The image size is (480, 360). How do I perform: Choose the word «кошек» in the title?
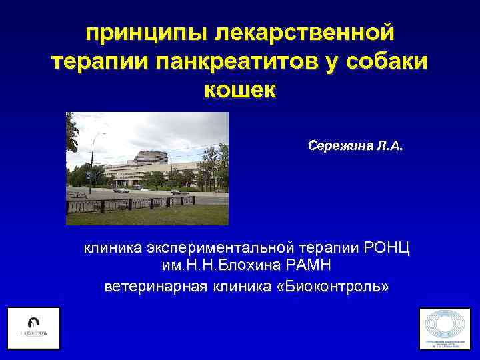(239, 91)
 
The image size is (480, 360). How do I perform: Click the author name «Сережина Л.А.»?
(355, 145)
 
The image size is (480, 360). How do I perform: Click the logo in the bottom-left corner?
(33, 328)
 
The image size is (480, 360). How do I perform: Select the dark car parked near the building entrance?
(121, 189)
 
